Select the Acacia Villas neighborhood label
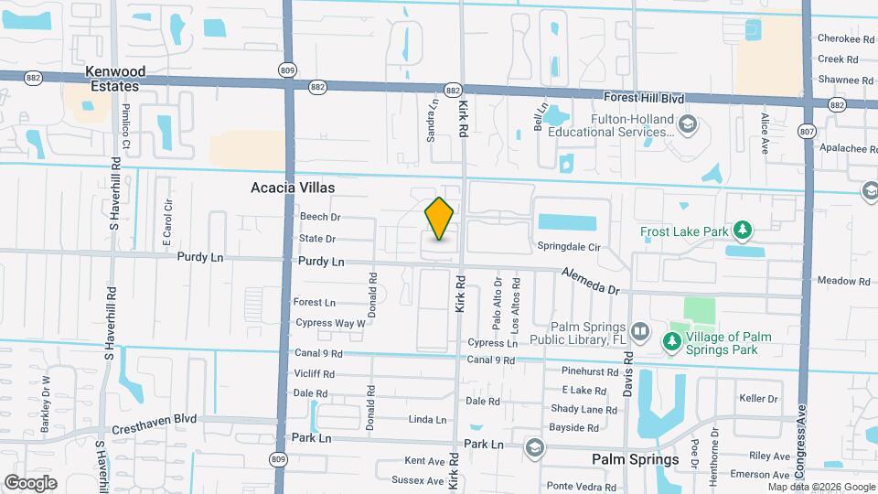293,188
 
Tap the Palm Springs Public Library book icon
639,330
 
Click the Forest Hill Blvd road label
645,97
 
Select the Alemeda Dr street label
590,281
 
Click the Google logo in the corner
30,482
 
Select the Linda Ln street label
427,420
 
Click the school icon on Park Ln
534,447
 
